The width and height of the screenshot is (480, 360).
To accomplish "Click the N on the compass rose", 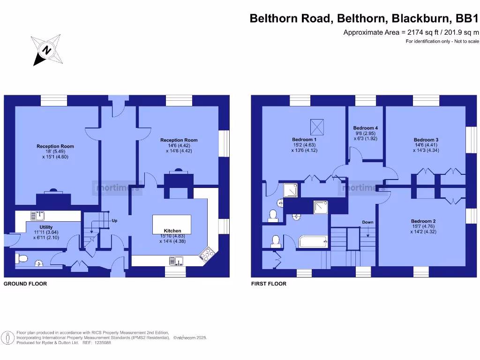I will pyautogui.click(x=46, y=50).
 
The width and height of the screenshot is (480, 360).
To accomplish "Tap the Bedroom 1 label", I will pyautogui.click(x=304, y=140).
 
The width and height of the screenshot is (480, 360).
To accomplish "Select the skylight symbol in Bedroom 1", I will pyautogui.click(x=317, y=126).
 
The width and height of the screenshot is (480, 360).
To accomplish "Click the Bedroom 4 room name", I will pyautogui.click(x=365, y=128).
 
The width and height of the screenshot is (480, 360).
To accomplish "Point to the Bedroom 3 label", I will pyautogui.click(x=426, y=140).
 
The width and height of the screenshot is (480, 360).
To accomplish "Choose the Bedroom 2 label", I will pyautogui.click(x=423, y=221).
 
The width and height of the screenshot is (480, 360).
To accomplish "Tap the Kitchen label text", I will pyautogui.click(x=172, y=231).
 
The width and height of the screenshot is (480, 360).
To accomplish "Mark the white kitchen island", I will pyautogui.click(x=172, y=221).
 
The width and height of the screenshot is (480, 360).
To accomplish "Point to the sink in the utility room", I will pyautogui.click(x=37, y=216).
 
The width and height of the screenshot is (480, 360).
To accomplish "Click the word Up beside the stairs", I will pyautogui.click(x=114, y=220).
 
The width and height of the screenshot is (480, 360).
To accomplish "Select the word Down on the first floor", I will pyautogui.click(x=367, y=222).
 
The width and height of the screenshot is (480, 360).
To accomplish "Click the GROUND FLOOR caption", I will pyautogui.click(x=25, y=284).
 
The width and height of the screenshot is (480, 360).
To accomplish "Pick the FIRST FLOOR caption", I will pyautogui.click(x=269, y=284).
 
